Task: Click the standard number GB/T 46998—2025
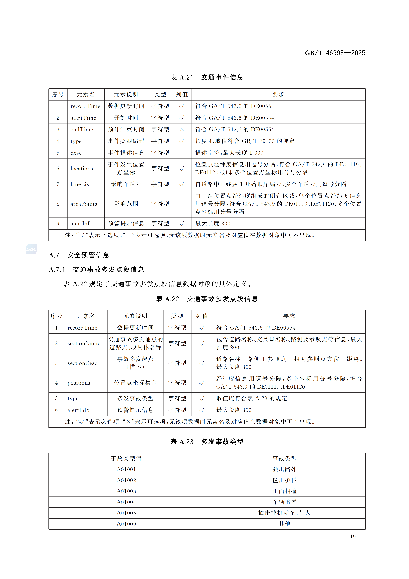click(335, 53)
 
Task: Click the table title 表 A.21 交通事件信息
click(207, 77)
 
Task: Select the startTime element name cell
click(83, 118)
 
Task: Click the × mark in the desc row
click(182, 153)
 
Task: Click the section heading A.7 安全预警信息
click(79, 255)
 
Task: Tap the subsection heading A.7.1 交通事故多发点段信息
click(96, 270)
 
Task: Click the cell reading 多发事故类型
click(135, 398)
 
